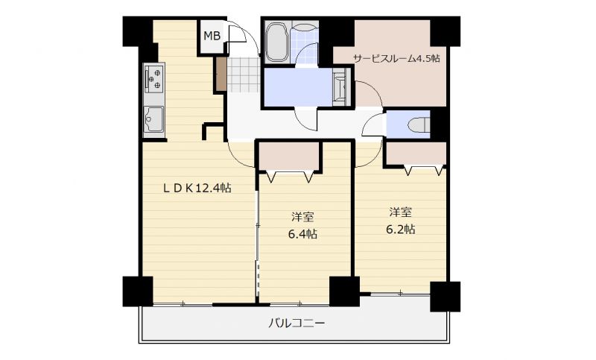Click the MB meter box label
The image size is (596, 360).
point(212,36)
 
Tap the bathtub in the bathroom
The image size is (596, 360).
point(276,42)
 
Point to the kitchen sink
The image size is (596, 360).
point(153,119)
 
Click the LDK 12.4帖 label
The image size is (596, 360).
point(197,188)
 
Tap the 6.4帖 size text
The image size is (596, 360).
point(302,234)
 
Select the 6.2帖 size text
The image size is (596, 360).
point(401,230)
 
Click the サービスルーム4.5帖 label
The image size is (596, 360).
point(396,59)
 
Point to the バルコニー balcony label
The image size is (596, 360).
point(297,323)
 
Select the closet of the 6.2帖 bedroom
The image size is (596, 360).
point(416,154)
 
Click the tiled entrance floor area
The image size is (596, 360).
point(244,75)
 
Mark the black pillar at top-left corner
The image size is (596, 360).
point(138,32)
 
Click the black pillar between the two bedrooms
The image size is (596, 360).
point(344,291)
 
